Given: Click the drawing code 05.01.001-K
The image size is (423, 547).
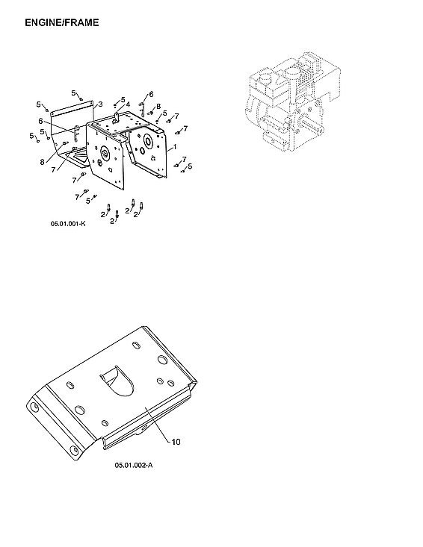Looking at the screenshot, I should click(68, 224).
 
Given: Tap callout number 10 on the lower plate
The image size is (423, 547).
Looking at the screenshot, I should click(176, 442).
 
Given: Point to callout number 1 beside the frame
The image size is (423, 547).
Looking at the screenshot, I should click(175, 148).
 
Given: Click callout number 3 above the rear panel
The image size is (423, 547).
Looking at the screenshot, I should click(99, 104).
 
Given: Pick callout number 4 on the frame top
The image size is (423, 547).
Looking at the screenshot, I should click(128, 104).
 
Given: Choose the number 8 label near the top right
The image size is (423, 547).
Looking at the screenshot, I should click(158, 107).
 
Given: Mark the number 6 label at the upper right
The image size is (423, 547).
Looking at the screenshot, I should click(151, 94).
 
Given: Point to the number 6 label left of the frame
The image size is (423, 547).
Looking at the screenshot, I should click(40, 121).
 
